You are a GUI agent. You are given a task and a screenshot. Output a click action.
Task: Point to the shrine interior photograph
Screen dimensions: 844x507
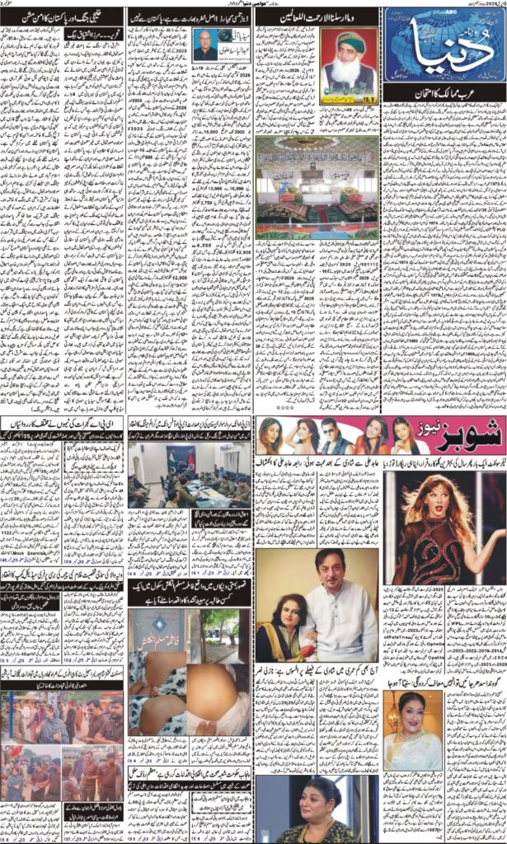317,187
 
